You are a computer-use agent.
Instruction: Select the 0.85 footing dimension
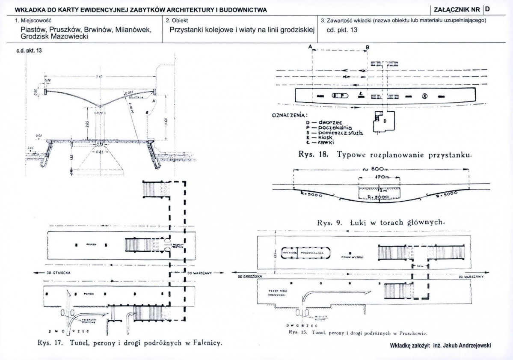[99, 152]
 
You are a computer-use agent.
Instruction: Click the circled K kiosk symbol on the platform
[425, 96]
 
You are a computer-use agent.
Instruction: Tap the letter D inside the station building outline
[385, 121]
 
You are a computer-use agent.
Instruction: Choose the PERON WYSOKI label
[353, 258]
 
